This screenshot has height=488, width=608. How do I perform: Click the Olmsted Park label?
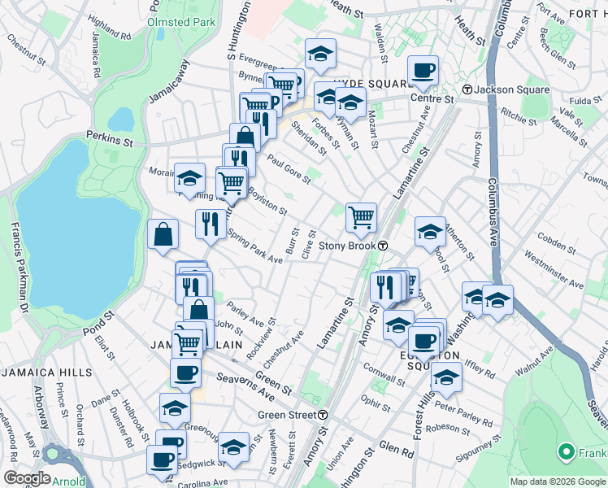click(181, 22)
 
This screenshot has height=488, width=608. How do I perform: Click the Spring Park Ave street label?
click(254, 247)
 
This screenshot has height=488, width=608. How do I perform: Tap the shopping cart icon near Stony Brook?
click(361, 217)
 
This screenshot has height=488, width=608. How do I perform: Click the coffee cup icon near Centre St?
click(423, 70)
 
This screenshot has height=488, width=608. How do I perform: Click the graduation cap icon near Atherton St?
click(430, 231)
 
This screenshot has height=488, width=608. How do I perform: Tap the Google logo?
click(27, 478)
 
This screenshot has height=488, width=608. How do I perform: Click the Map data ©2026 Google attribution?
click(558, 481)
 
